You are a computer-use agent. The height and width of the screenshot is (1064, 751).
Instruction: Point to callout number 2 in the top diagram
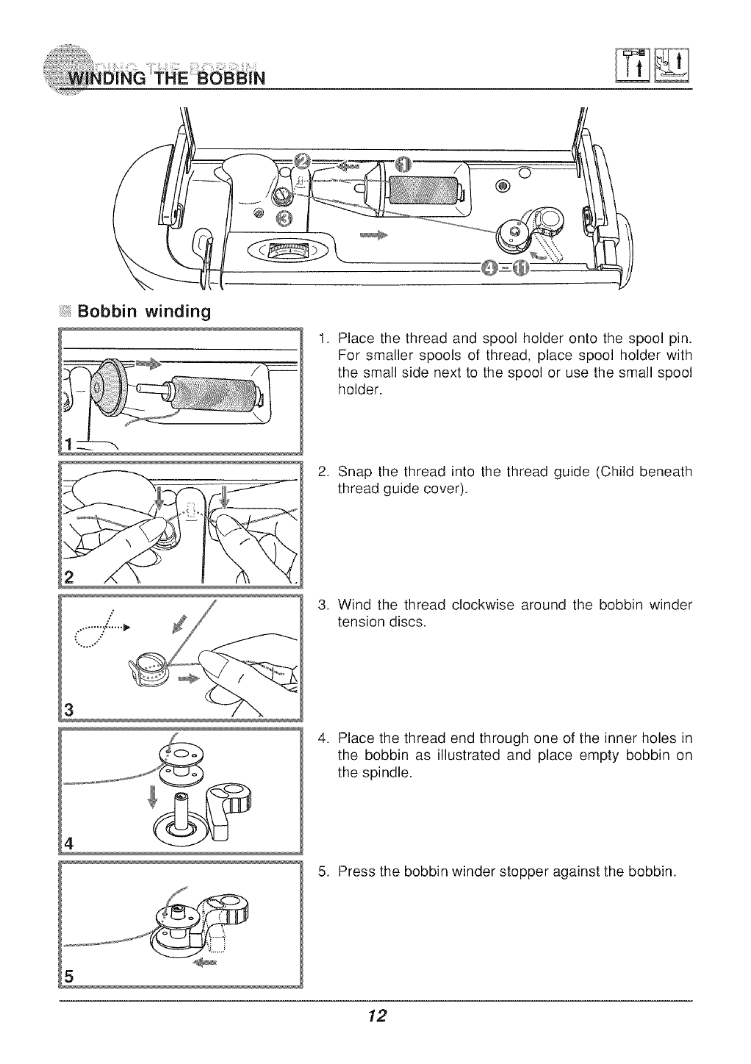pos(301,162)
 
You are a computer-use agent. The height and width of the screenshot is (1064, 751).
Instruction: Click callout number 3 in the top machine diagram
pos(283,216)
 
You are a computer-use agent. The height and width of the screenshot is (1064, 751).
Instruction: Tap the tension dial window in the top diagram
pos(288,250)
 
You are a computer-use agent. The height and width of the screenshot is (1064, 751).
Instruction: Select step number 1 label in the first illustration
pos(68,443)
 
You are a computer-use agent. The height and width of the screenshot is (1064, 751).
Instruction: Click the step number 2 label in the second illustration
pos(69,575)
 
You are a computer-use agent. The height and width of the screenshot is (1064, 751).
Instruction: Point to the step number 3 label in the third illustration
pos(68,709)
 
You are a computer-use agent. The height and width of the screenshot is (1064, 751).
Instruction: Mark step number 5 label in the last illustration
pos(69,975)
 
